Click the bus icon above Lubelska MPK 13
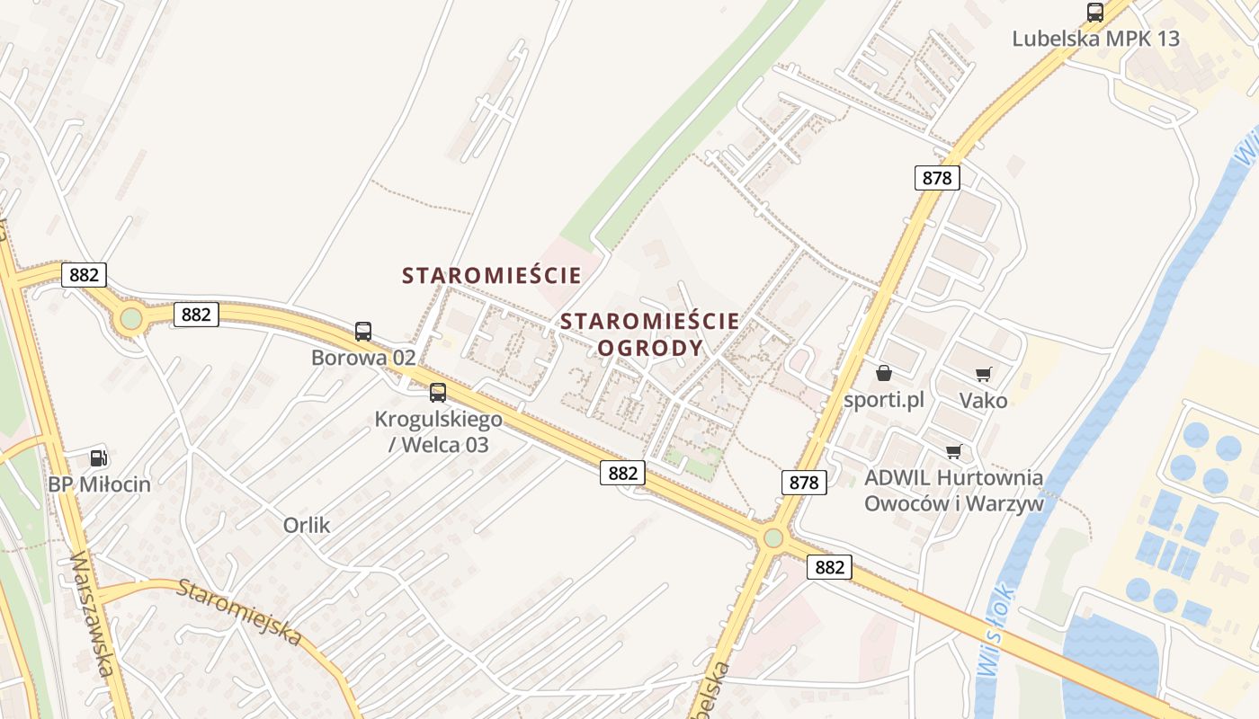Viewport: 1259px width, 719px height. (1094, 13)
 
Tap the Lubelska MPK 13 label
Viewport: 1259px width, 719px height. (1095, 39)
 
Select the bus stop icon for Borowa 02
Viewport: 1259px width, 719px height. (362, 332)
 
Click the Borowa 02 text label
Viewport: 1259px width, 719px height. (363, 358)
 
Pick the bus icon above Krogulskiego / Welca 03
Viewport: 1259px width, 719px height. (437, 393)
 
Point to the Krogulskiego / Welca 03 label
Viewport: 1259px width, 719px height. (438, 431)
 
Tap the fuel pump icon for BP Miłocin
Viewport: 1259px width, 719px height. (98, 458)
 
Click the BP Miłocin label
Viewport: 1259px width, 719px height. (99, 484)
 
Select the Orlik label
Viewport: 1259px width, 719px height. (307, 526)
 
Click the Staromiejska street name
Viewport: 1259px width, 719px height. (238, 612)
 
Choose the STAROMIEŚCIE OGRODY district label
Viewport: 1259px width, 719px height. (650, 334)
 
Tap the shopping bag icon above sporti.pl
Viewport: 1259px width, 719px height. (884, 373)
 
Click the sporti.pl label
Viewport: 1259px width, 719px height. (884, 400)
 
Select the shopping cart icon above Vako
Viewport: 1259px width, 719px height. (983, 374)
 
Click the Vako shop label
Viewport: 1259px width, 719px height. (983, 400)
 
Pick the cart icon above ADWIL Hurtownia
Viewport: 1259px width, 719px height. (953, 451)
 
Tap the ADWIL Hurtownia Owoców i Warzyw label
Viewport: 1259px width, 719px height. (953, 491)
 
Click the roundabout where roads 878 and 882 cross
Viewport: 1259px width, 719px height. (772, 538)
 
